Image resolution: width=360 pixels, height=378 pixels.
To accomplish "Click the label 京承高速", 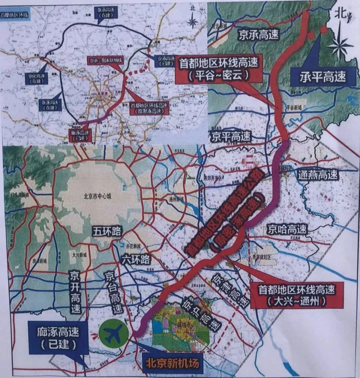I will [258, 34].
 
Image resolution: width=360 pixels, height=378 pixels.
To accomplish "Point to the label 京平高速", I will [231, 136].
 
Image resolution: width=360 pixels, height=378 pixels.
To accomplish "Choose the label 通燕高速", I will [318, 174].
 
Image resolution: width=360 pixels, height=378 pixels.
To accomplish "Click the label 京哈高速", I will [286, 229].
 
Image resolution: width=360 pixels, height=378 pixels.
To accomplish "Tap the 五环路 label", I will [107, 232].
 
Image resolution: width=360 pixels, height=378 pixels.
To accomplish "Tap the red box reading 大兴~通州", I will [296, 295].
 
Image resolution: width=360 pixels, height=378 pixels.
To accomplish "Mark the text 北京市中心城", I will [97, 196].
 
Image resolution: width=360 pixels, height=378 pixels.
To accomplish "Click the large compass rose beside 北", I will [340, 43].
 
